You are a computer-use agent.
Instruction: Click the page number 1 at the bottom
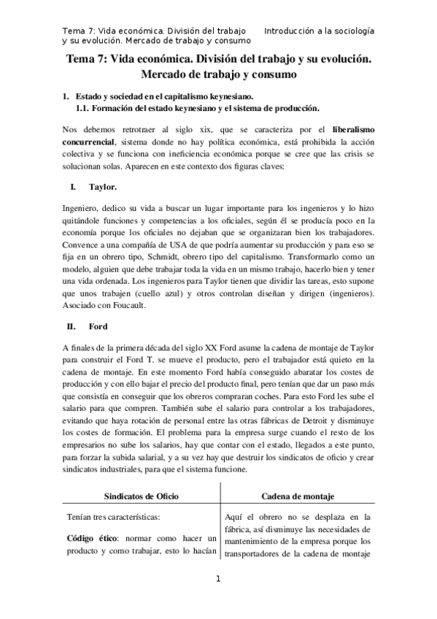(217, 580)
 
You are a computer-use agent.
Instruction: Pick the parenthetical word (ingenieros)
(351, 293)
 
